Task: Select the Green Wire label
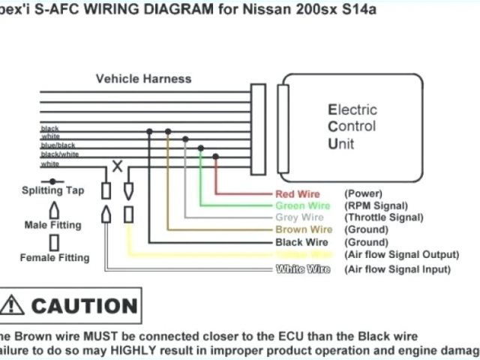click(304, 205)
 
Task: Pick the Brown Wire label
click(304, 229)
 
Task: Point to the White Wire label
click(304, 268)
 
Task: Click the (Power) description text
click(364, 193)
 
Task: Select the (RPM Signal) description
click(376, 205)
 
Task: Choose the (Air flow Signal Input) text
click(397, 268)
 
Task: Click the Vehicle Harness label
click(143, 78)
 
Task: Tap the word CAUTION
click(84, 306)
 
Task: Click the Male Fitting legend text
click(54, 224)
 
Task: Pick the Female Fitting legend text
click(55, 257)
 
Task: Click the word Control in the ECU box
click(352, 126)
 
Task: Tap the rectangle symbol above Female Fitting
click(54, 242)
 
